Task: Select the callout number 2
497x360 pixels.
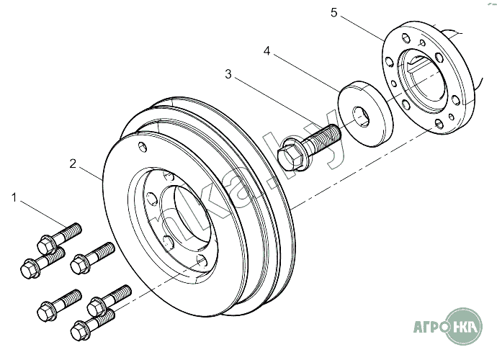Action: (x=73, y=163)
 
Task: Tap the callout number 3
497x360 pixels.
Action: (x=228, y=73)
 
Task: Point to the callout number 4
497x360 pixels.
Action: (x=267, y=51)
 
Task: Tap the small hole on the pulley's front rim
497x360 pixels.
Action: (x=144, y=148)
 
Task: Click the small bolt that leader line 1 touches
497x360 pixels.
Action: (x=61, y=234)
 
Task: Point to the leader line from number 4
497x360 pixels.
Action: (x=306, y=71)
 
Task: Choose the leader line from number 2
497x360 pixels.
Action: (x=90, y=172)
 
